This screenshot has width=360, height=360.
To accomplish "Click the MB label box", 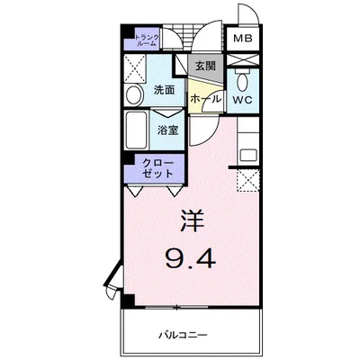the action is click(x=243, y=39).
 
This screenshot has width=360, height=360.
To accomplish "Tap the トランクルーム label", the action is click(x=147, y=40).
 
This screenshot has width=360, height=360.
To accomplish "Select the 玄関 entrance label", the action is click(x=205, y=66).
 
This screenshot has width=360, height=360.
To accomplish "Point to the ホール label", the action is click(x=205, y=98).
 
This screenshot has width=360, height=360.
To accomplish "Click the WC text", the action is click(x=243, y=100).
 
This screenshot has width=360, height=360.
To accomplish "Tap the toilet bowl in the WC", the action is click(x=242, y=82).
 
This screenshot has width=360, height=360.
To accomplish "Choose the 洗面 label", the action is click(x=164, y=90).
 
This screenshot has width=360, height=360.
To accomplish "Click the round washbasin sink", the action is click(x=134, y=95).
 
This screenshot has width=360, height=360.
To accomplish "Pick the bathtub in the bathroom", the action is click(x=136, y=130).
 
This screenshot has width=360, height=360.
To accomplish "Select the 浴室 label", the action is click(x=168, y=130).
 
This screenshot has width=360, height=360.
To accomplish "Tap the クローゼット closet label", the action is click(x=157, y=168).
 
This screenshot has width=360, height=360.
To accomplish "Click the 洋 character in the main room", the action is click(x=192, y=221).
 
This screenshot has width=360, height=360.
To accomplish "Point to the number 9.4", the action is click(x=191, y=259).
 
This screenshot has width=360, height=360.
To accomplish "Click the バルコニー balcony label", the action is click(x=183, y=335).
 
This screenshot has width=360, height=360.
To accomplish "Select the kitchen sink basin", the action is click(x=248, y=156).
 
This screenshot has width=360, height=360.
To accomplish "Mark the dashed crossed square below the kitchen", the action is click(x=248, y=180).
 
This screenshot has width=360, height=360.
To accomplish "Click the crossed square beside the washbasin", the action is click(x=135, y=68).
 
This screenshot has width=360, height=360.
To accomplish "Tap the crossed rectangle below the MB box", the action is click(x=243, y=59).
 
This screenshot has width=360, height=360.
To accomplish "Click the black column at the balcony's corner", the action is click(x=129, y=301).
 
